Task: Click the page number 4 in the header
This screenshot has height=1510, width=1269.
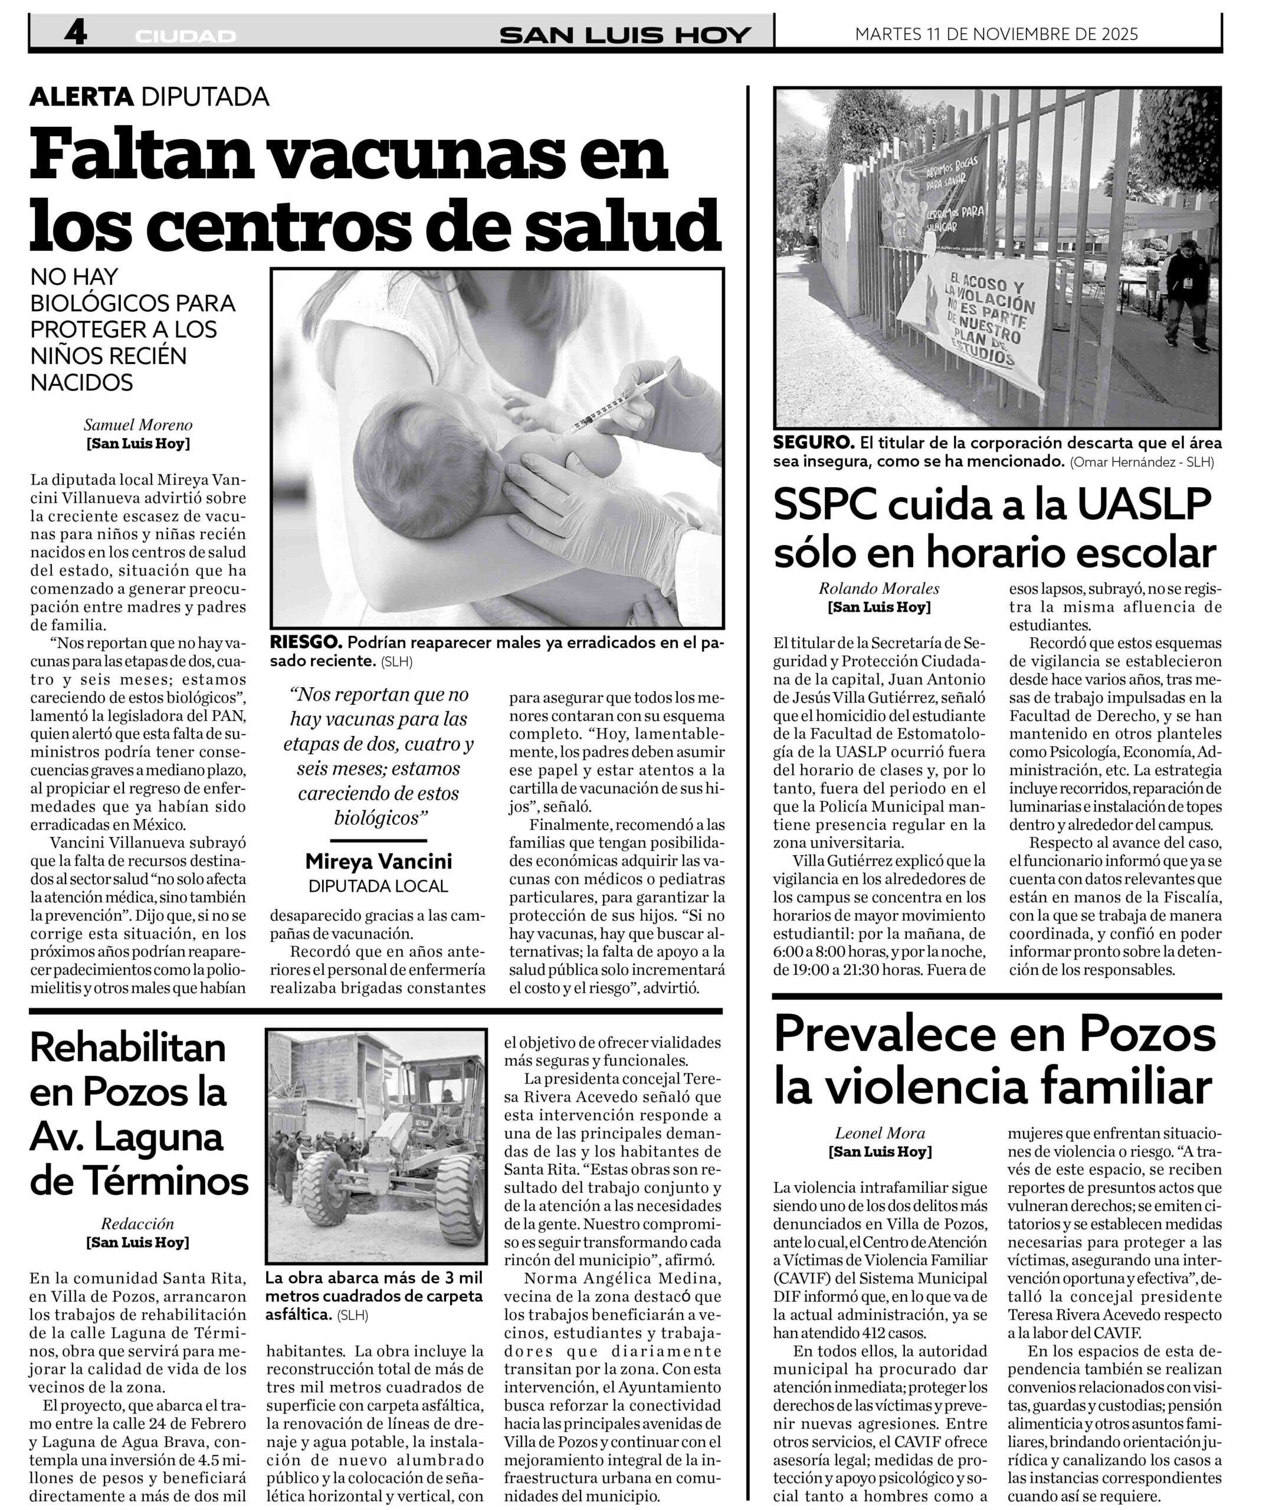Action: [x=75, y=32]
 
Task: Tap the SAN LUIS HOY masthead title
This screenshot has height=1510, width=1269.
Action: [x=625, y=35]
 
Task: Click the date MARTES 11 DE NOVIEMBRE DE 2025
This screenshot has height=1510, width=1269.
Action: [x=996, y=34]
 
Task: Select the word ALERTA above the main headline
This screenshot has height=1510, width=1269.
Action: [x=81, y=96]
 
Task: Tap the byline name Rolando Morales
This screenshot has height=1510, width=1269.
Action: [x=879, y=588]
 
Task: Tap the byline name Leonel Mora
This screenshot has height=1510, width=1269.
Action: [x=880, y=1133]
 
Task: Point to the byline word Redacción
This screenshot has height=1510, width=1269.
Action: [x=137, y=1223]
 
